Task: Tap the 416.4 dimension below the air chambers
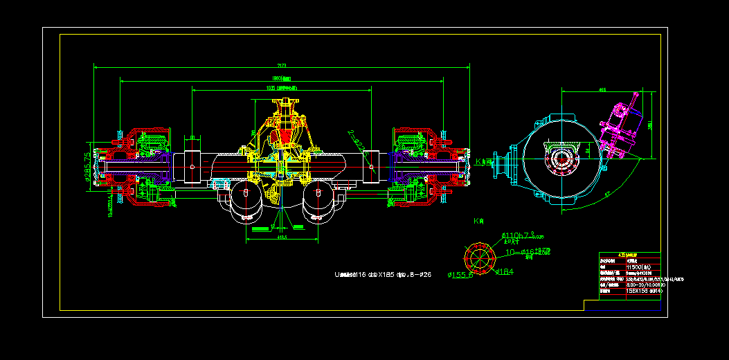coord(282,237)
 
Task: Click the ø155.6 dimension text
coord(460,275)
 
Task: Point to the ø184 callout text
coord(504,272)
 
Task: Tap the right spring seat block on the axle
coord(372,166)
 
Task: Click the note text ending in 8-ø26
coord(382,275)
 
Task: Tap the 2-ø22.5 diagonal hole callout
coord(358,141)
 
